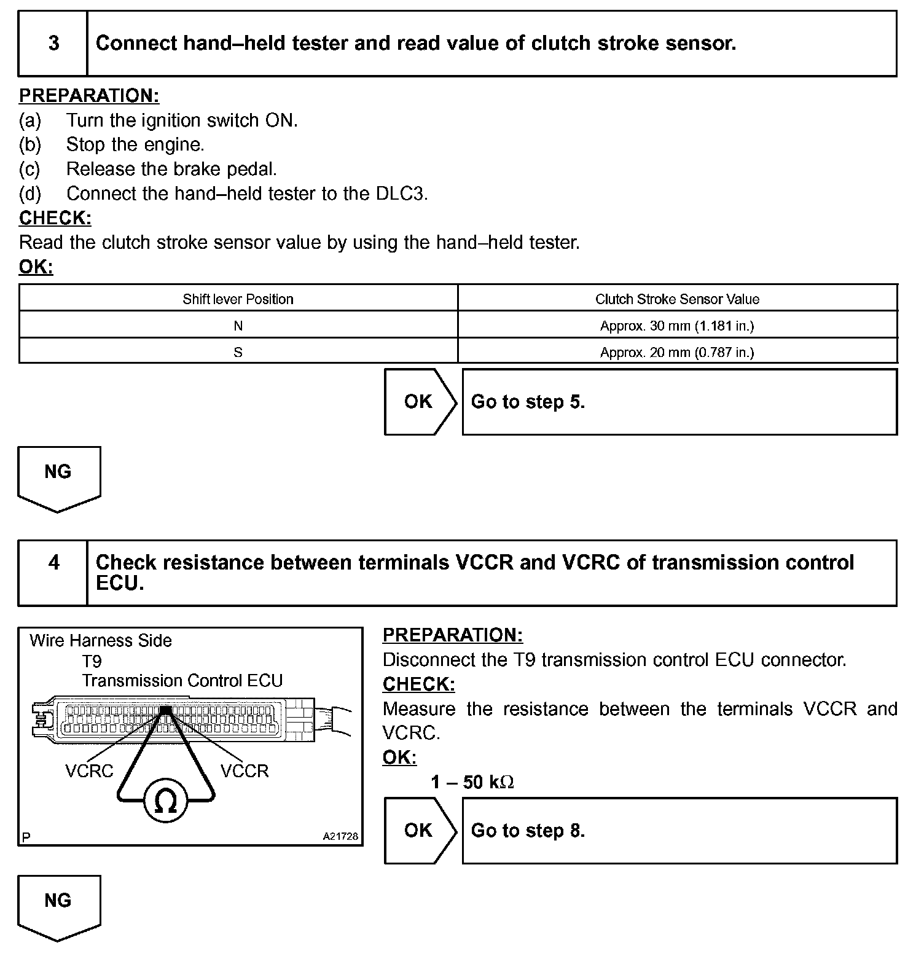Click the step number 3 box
pyautogui.click(x=53, y=44)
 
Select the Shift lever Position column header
pyautogui.click(x=238, y=299)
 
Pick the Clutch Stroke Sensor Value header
pyautogui.click(x=677, y=299)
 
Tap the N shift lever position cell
pyautogui.click(x=238, y=326)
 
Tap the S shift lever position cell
pyautogui.click(x=238, y=352)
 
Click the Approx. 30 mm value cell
pyautogui.click(x=677, y=326)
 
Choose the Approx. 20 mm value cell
pyautogui.click(x=677, y=352)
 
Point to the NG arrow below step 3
pyautogui.click(x=58, y=476)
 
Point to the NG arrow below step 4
pyautogui.click(x=58, y=905)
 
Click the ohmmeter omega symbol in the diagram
pyautogui.click(x=164, y=801)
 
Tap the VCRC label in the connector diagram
pyautogui.click(x=90, y=771)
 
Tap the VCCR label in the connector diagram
pyautogui.click(x=245, y=771)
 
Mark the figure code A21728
pyautogui.click(x=340, y=836)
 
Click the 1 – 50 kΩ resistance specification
pyautogui.click(x=472, y=782)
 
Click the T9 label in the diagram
pyautogui.click(x=92, y=661)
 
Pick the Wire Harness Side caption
pyautogui.click(x=101, y=641)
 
